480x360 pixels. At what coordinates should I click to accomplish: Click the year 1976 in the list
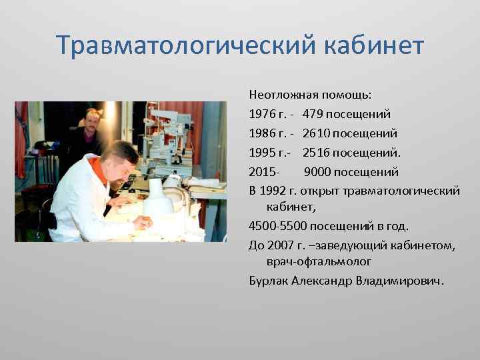(x=261, y=114)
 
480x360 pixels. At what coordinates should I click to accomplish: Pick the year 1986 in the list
(x=261, y=133)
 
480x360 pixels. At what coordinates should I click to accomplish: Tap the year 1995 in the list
(x=261, y=153)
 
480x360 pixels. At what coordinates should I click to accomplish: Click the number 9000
(x=319, y=172)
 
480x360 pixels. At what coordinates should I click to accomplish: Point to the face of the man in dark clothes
(x=91, y=120)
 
